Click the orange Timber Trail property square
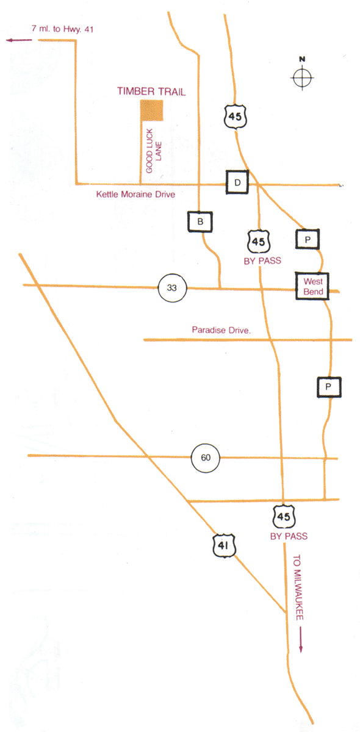coord(151,110)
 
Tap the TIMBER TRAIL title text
coord(151,91)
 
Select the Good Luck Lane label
coord(154,151)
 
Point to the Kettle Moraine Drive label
coord(135,195)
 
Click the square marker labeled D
coord(237,182)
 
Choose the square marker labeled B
coord(200,222)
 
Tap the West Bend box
coord(312,286)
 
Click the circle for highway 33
coord(172,288)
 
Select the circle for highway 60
coord(206,457)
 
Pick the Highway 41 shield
coord(224,545)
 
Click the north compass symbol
coord(302,77)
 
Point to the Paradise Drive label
coord(221,330)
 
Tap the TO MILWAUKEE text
coord(298,587)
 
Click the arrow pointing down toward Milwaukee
coord(301,639)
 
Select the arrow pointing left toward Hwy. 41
coord(19,40)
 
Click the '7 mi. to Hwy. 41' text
coord(62,29)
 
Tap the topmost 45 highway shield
coord(235,117)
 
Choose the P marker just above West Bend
coord(308,240)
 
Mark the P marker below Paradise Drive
coord(329,387)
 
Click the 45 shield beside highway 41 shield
coord(284,516)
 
